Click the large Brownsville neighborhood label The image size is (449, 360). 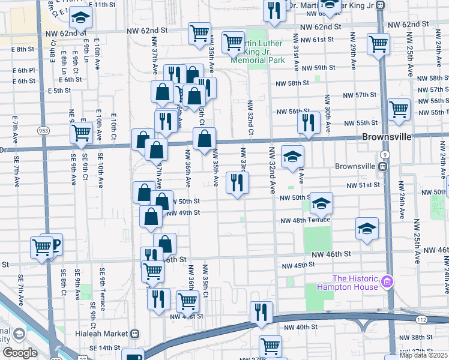tap(387, 137)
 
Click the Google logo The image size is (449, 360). tap(20, 353)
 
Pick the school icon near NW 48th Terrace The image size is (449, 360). tap(367, 228)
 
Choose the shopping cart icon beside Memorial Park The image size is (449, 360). tap(232, 42)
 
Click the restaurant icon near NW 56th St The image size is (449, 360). tap(308, 122)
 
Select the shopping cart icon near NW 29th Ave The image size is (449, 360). tap(378, 43)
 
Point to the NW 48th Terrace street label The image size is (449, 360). tap(305, 220)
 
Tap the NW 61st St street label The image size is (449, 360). tap(318, 40)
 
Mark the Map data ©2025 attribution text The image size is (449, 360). tap(423, 355)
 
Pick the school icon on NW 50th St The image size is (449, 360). tap(321, 203)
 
